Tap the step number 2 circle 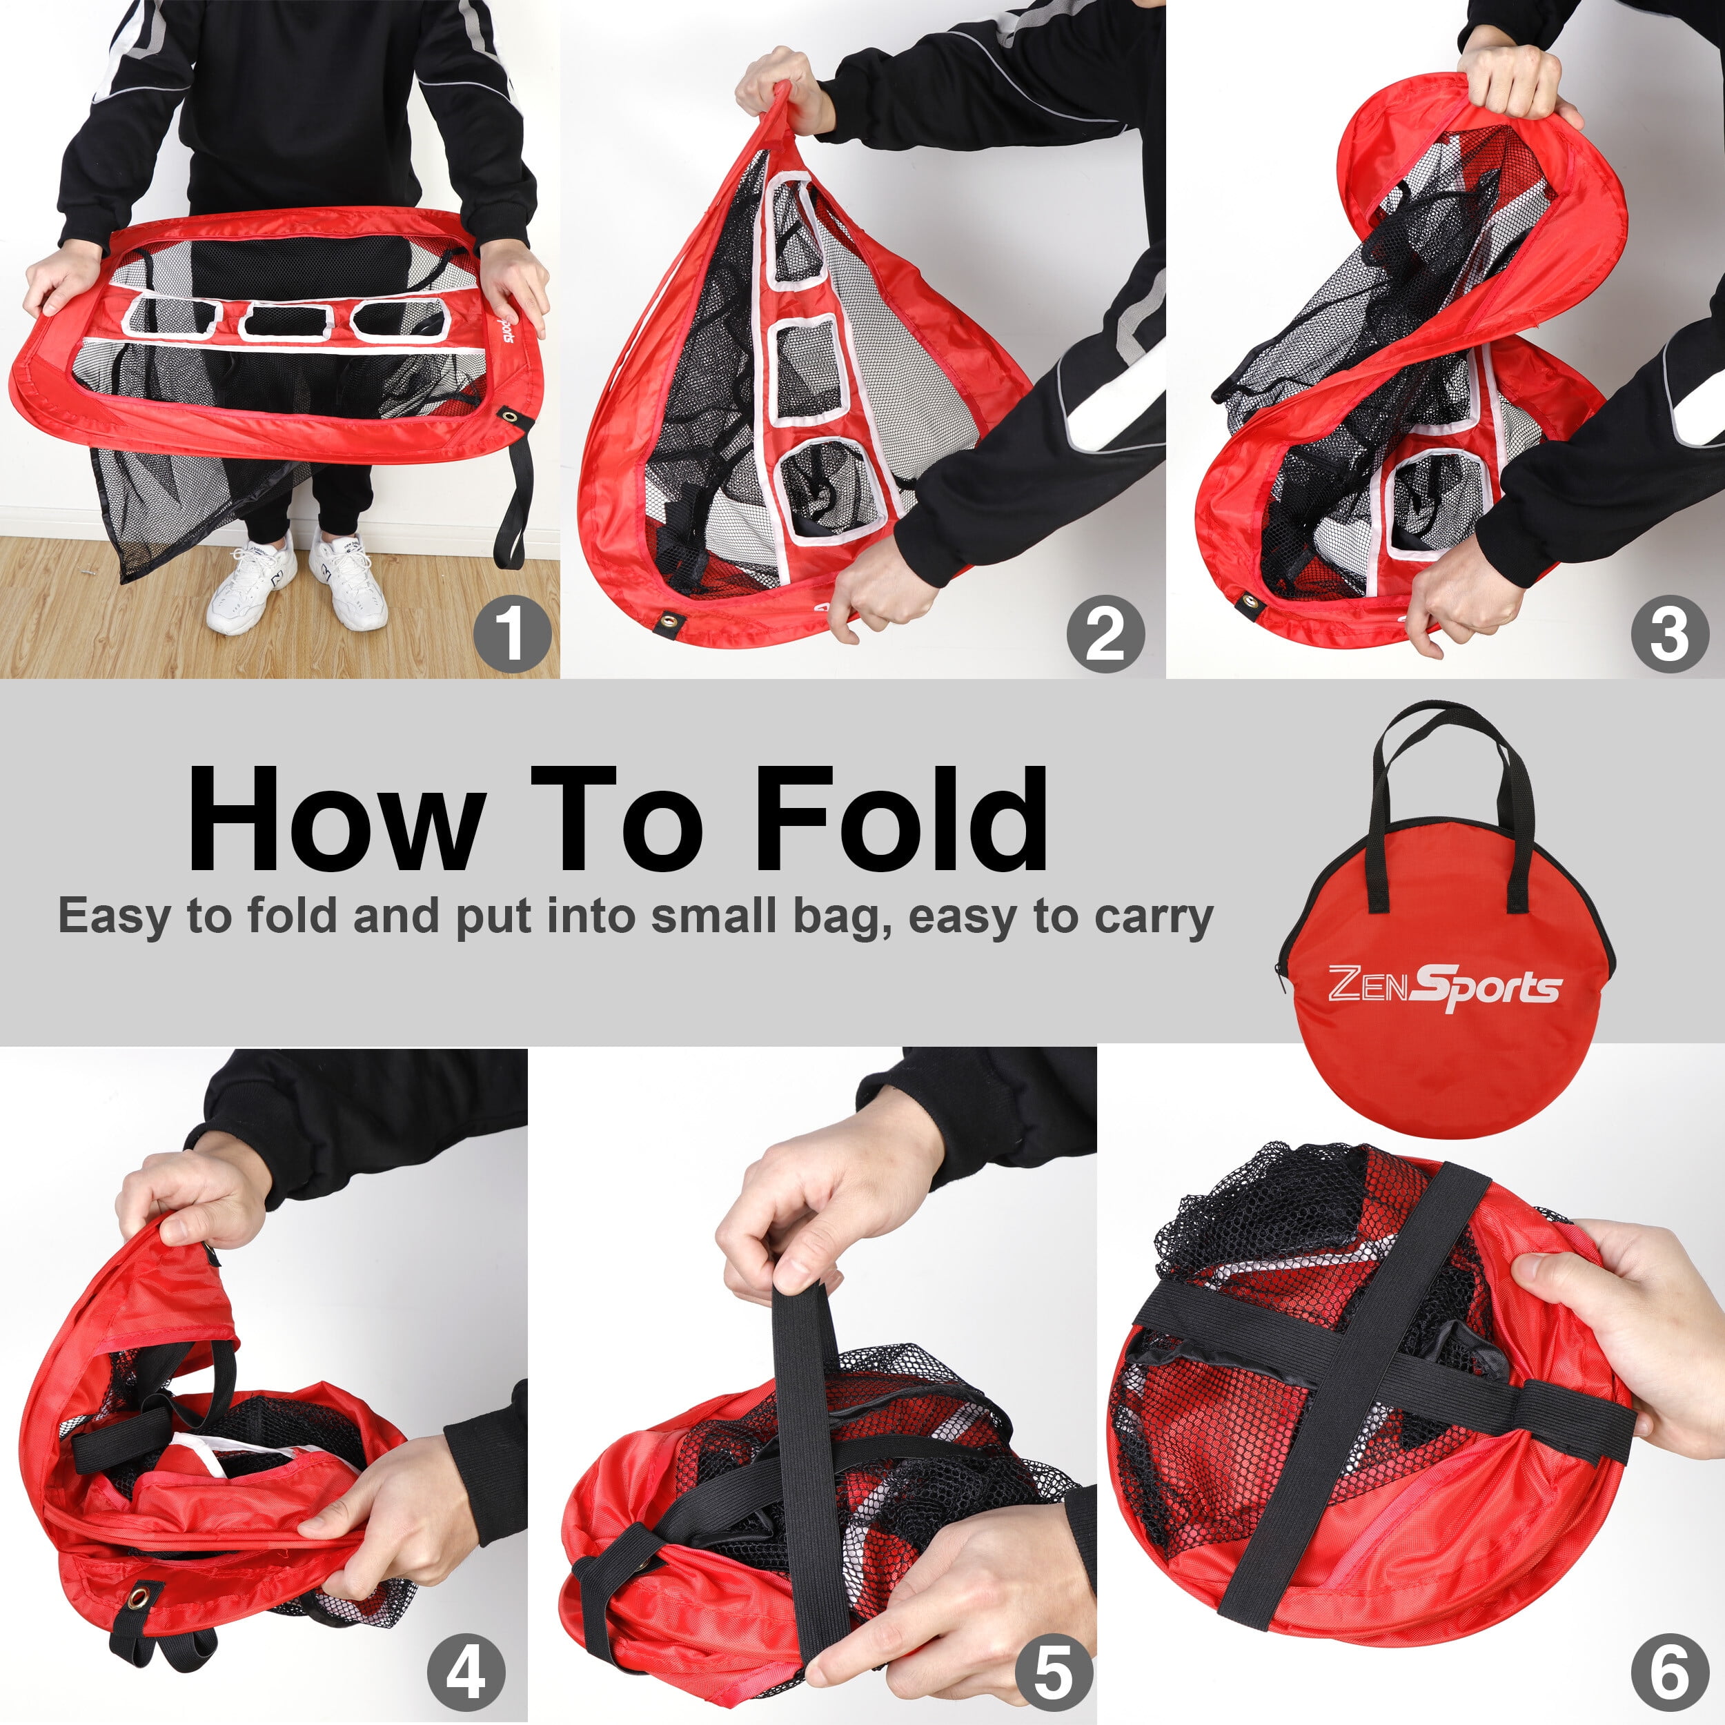point(1105,634)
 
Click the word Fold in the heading point(901,819)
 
